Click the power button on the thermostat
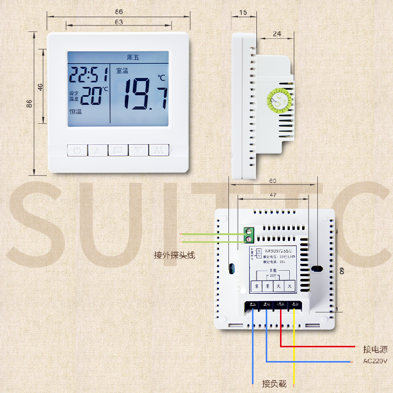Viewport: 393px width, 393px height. tap(77, 150)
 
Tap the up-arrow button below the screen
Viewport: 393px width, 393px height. tap(97, 150)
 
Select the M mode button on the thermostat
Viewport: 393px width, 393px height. tap(159, 150)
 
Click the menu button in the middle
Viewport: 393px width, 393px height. tap(118, 150)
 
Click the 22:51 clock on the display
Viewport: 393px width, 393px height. tap(88, 75)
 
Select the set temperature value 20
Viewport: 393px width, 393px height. tap(91, 96)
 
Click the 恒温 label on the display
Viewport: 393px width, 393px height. tap(75, 112)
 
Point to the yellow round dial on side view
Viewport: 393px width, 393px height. tap(280, 100)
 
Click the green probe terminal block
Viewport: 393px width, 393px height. tap(250, 235)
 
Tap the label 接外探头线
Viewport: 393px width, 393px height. tap(174, 255)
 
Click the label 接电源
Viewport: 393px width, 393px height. tap(375, 350)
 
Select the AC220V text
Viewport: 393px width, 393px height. tap(375, 362)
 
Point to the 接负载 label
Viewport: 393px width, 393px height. tap(274, 383)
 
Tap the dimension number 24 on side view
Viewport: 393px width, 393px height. tap(277, 34)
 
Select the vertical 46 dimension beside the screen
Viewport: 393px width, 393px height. tap(41, 86)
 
